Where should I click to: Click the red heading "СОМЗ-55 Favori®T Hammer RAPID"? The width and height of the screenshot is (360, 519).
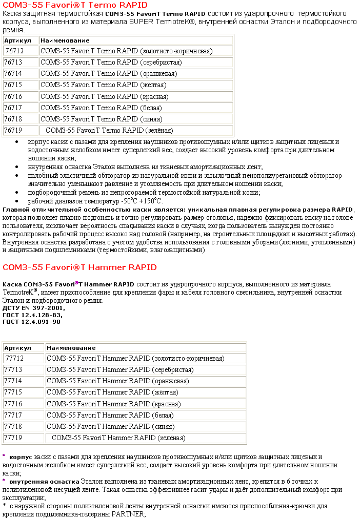coord(79,267)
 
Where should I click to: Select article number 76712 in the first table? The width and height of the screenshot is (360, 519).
coord(14,51)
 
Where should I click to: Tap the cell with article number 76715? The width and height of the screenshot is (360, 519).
coord(13,85)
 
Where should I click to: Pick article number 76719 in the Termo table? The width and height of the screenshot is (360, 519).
coord(13,130)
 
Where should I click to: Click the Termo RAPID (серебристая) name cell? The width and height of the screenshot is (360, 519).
coord(111,62)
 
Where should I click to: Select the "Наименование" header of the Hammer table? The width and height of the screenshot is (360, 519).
coord(67,348)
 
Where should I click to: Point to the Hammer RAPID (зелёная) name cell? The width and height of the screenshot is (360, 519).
coord(118,438)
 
